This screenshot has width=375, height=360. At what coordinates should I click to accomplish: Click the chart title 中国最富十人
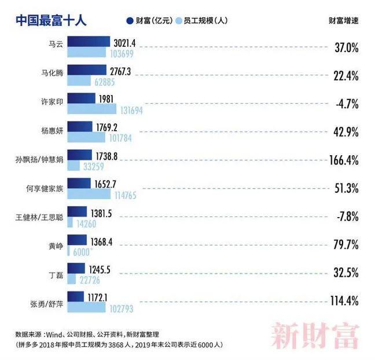[50, 20]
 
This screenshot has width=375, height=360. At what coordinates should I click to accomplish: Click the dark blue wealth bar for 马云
[89, 42]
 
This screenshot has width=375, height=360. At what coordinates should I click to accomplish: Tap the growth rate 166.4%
[344, 159]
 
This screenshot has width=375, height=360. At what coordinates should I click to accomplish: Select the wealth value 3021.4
[125, 42]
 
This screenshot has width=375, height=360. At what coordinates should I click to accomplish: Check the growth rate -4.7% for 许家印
[347, 104]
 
